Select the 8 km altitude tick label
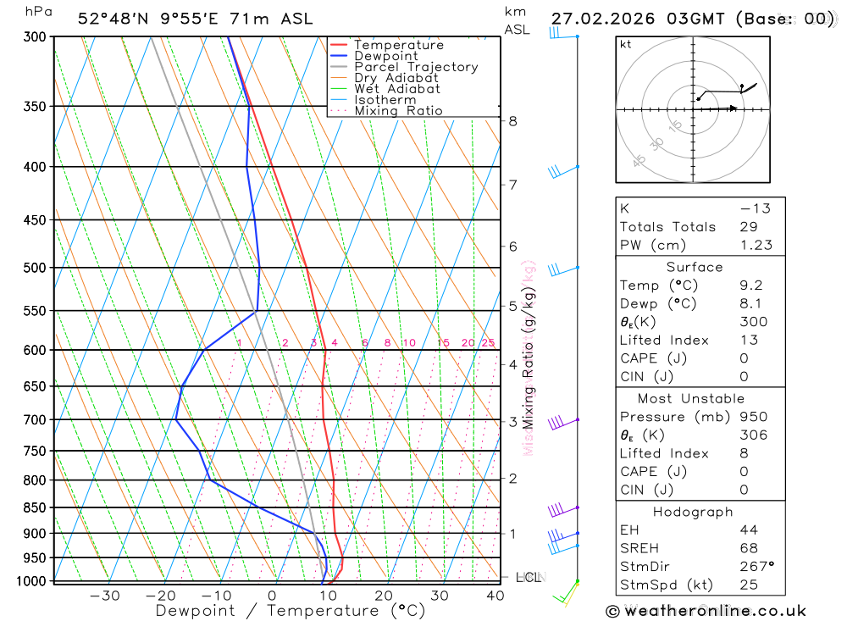(513, 121)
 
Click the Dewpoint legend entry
(386, 56)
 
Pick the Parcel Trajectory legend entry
(416, 67)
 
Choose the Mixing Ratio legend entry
(398, 111)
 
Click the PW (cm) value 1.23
(756, 245)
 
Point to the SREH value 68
(749, 548)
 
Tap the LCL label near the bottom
(529, 578)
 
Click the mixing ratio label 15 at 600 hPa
(443, 343)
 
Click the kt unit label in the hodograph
(626, 44)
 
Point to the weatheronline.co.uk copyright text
(706, 610)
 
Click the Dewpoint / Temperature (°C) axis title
(291, 610)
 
